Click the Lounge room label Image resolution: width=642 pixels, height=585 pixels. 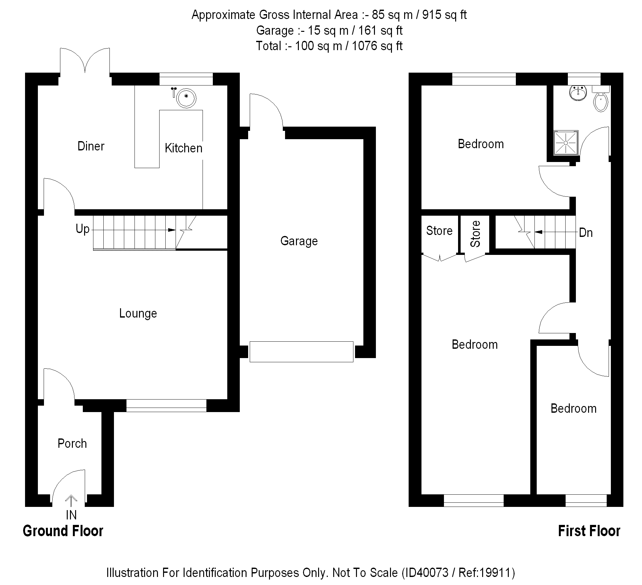click(138, 313)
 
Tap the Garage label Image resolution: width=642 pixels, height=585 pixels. click(299, 241)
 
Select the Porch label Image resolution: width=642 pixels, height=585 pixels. click(72, 444)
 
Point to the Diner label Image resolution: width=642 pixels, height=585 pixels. click(91, 146)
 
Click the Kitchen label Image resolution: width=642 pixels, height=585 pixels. click(184, 148)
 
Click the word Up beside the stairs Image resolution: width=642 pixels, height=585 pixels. click(82, 229)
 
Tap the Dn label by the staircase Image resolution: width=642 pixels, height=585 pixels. click(586, 233)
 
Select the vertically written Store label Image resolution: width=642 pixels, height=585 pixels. click(475, 234)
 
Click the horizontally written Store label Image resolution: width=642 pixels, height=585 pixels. click(439, 231)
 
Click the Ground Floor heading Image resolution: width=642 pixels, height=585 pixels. click(63, 531)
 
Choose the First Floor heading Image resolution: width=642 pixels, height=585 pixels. click(589, 531)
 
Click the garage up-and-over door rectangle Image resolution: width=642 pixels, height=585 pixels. click(301, 352)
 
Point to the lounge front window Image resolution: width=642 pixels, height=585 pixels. click(166, 406)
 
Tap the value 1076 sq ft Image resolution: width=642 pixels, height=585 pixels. click(377, 46)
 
